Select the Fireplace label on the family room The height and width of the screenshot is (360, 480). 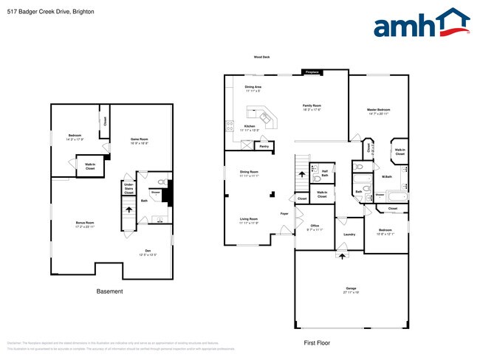pos(311,72)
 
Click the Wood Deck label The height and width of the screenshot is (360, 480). pos(261,57)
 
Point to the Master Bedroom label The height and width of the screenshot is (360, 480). pos(378,111)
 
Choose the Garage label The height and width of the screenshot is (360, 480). pos(351,288)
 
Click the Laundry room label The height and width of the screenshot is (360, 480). pos(349,235)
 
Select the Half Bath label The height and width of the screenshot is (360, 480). pos(324,173)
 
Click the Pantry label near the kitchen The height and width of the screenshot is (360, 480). pos(264,147)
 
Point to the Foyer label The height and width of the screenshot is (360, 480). pos(284,214)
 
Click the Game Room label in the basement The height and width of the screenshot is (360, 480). pos(140,140)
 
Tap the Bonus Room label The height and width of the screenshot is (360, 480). pos(86,224)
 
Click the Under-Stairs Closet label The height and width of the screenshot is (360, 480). pos(128,188)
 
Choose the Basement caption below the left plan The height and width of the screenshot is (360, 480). pos(110,291)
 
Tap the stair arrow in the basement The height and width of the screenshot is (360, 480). pos(130,210)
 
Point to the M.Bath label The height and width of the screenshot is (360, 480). pos(386,177)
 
